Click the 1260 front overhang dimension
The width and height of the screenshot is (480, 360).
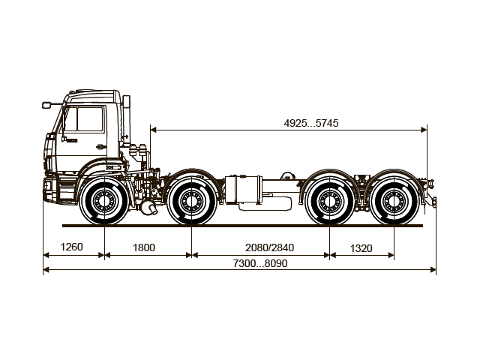(x=72, y=247)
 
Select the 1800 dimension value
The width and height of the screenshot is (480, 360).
(x=144, y=247)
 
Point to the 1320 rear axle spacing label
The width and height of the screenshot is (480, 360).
(x=361, y=247)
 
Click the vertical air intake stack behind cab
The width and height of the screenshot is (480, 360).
(x=128, y=120)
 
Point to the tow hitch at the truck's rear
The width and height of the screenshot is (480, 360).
(x=432, y=197)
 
